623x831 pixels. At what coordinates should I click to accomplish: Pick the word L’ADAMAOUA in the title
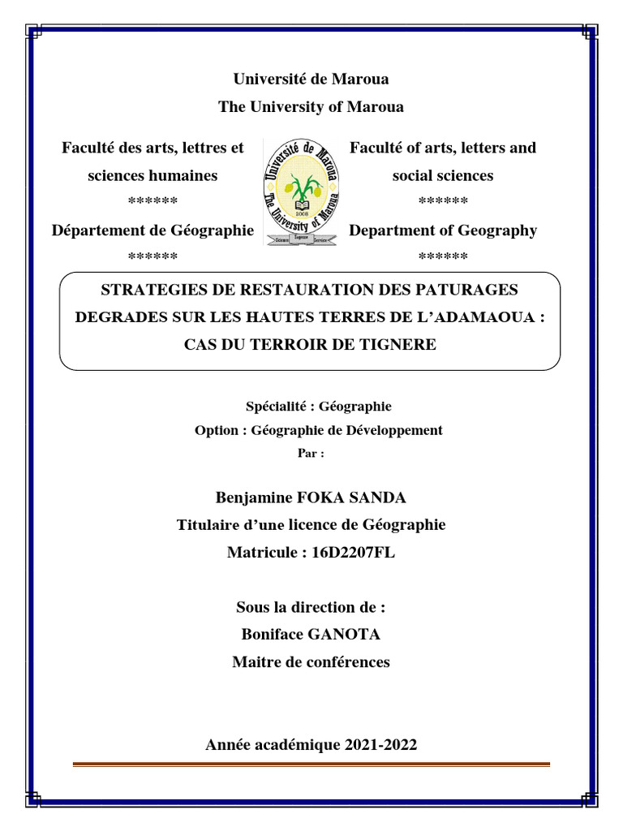click(x=479, y=317)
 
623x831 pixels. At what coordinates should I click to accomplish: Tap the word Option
click(x=217, y=430)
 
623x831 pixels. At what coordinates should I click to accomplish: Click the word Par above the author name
click(x=307, y=454)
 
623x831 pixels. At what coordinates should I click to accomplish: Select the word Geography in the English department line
click(x=498, y=230)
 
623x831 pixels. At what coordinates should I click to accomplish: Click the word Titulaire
click(x=211, y=525)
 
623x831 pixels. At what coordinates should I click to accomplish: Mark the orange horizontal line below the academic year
click(x=311, y=764)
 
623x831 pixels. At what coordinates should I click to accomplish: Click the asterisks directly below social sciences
click(x=443, y=202)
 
